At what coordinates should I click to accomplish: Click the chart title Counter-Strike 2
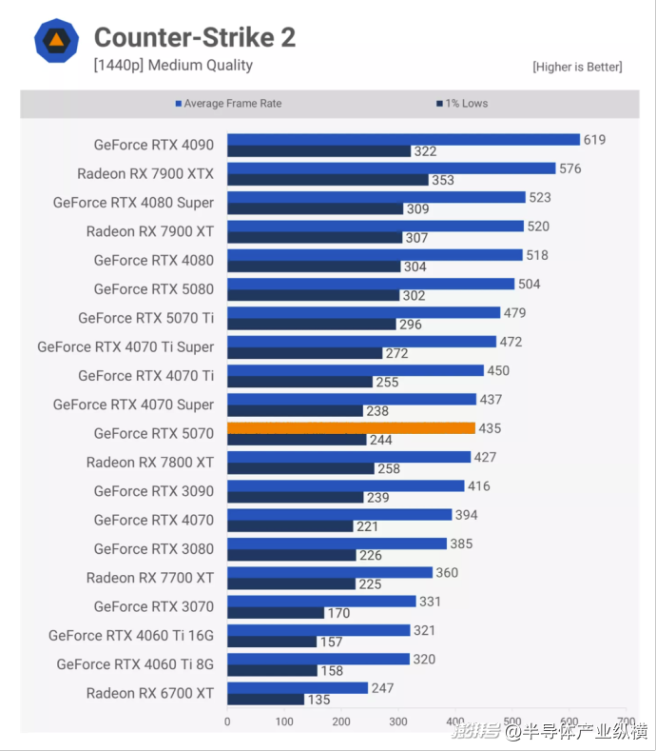click(194, 37)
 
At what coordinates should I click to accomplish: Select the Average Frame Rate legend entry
click(228, 103)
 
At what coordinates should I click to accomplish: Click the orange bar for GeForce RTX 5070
click(351, 428)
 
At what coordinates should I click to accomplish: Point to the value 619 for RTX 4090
click(594, 140)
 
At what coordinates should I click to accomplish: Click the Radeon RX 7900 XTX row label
click(145, 173)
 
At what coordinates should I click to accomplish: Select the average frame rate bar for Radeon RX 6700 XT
click(298, 688)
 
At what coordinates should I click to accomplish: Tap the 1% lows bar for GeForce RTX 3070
click(276, 613)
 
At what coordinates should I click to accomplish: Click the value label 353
click(443, 180)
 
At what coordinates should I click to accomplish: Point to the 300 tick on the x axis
click(398, 721)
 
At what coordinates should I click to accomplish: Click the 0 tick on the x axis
click(227, 721)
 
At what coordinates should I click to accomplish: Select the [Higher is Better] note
click(577, 67)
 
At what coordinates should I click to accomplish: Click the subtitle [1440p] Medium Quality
click(173, 66)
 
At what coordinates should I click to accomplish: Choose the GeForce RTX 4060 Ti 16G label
click(131, 635)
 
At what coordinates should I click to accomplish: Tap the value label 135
click(319, 700)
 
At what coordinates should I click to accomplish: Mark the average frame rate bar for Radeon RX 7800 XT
click(349, 457)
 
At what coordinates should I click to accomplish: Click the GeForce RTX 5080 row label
click(154, 288)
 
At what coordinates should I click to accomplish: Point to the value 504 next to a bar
click(530, 284)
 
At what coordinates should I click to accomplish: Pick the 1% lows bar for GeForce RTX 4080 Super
click(316, 208)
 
